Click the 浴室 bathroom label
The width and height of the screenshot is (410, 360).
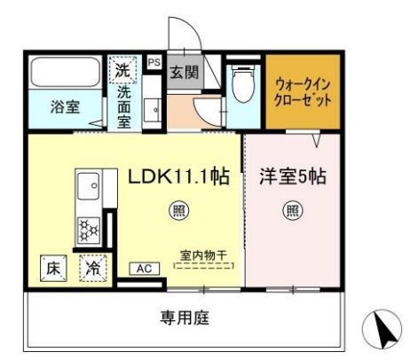click(x=64, y=108)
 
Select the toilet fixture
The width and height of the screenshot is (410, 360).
click(x=241, y=85)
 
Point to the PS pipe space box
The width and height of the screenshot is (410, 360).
click(x=154, y=62)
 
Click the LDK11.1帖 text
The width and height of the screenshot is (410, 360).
click(x=179, y=176)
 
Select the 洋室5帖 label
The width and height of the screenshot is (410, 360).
click(x=292, y=176)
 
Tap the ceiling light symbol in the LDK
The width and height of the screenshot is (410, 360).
click(x=178, y=210)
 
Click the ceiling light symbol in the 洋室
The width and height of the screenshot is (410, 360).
click(x=291, y=210)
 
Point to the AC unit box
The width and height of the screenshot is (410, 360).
click(x=143, y=268)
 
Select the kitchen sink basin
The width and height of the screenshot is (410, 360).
click(x=90, y=189)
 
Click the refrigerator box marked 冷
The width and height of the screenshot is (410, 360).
click(x=92, y=265)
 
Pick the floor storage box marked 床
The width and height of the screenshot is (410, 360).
click(x=52, y=265)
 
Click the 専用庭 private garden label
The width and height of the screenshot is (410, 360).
click(x=185, y=317)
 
